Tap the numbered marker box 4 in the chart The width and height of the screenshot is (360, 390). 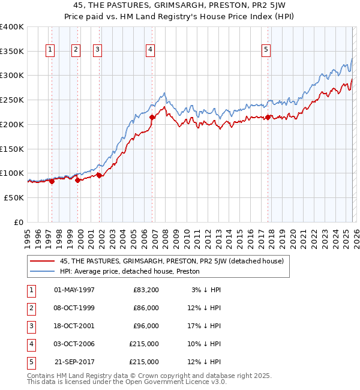[x=150, y=50]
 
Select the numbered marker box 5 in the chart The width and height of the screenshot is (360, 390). [x=266, y=50]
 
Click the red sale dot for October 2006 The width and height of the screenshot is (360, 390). [x=152, y=118]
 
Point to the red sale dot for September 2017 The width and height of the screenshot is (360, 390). [x=268, y=117]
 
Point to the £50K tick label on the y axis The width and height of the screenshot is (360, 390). [x=14, y=197]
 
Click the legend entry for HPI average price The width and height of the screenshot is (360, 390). [x=129, y=271]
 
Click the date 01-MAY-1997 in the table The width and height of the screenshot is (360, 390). [x=74, y=290]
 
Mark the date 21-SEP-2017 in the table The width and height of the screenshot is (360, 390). [x=74, y=362]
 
